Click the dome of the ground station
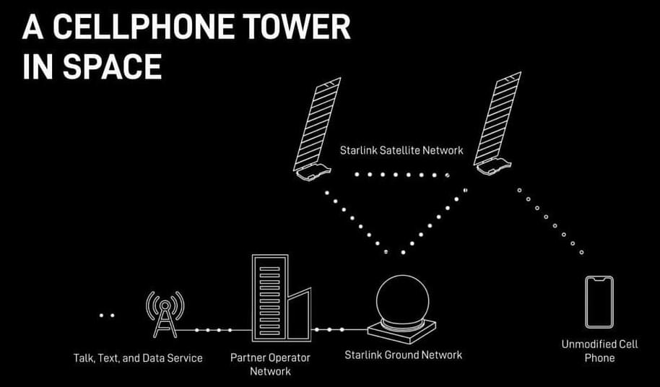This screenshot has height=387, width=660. coord(402,300)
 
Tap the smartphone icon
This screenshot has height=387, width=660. coord(599,302)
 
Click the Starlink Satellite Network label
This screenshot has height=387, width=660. coord(401,151)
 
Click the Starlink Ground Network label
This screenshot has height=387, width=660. coord(403,355)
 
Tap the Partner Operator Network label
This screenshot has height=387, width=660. coord(270,364)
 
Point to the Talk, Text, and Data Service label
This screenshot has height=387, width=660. coord(138,357)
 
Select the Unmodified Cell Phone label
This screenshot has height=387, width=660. coord(599,351)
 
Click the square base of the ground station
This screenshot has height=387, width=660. coord(401,333)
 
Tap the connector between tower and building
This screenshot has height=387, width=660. coord(214,330)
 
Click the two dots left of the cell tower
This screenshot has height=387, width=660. coord(107,316)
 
